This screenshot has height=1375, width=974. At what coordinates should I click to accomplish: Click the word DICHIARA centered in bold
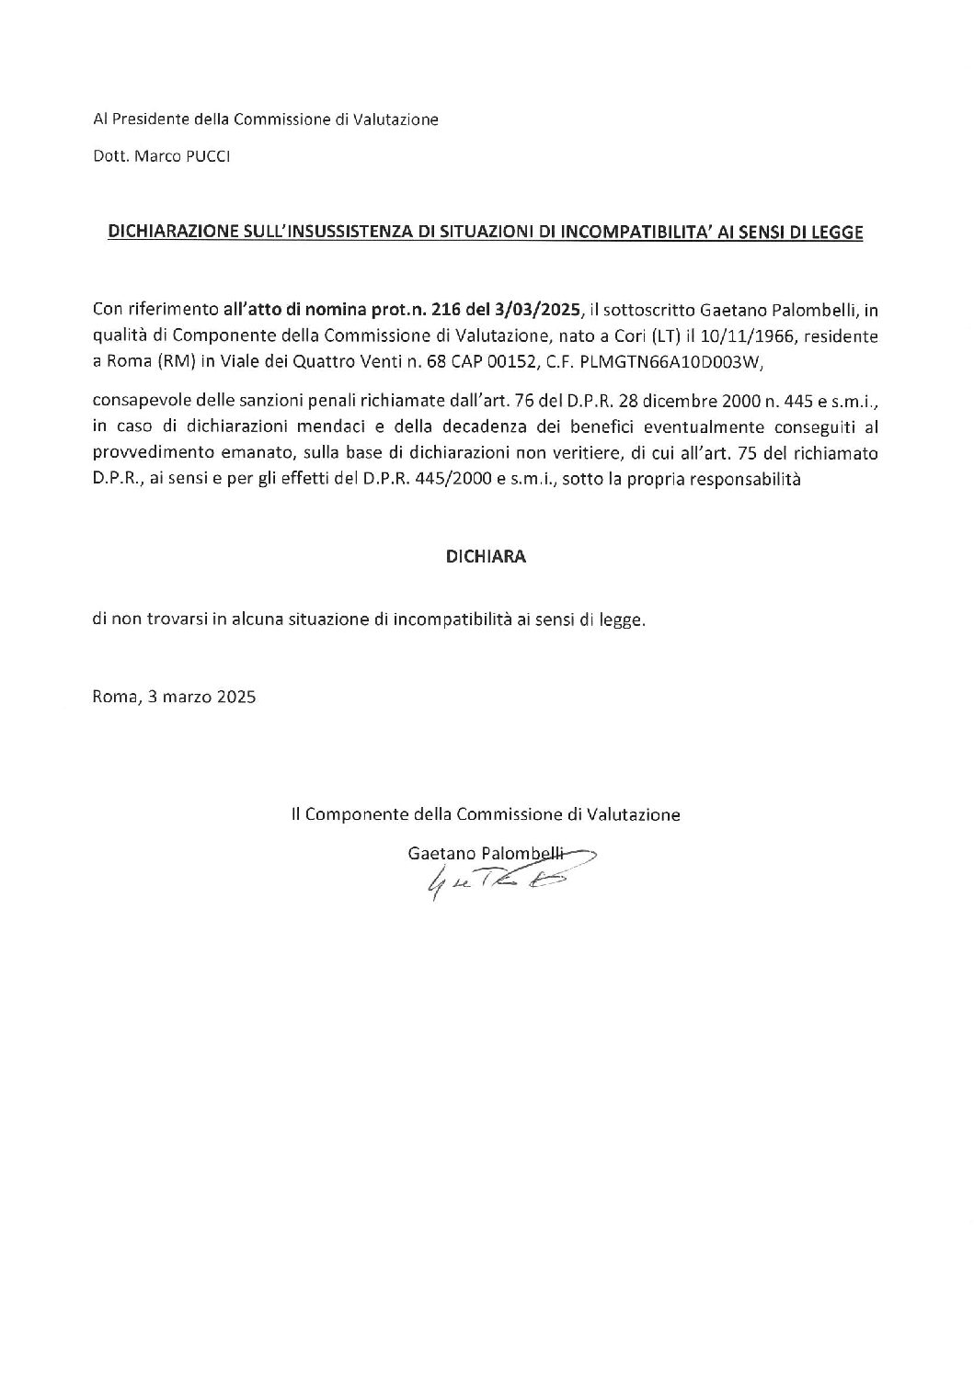pos(487,557)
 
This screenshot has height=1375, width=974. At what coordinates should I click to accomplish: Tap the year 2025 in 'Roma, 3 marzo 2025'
pos(236,697)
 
